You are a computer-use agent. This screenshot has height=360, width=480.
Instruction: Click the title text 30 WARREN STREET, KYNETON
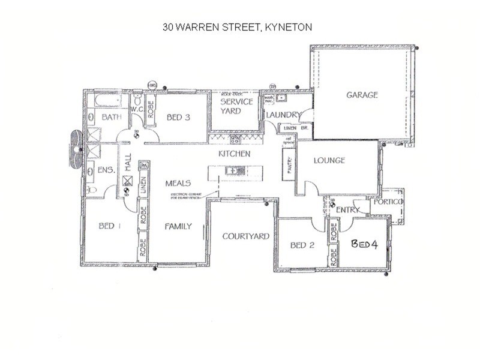pyautogui.click(x=238, y=27)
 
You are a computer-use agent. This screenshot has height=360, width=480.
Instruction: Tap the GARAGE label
pyautogui.click(x=362, y=95)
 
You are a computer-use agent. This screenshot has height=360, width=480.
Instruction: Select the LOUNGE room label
pyautogui.click(x=329, y=160)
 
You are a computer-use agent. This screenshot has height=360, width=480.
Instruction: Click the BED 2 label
pyautogui.click(x=302, y=245)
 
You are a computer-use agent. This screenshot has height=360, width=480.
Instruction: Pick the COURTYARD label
pyautogui.click(x=245, y=236)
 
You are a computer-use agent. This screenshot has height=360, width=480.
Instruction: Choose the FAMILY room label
pyautogui.click(x=178, y=226)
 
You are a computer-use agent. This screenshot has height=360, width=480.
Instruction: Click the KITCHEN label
pyautogui.click(x=234, y=154)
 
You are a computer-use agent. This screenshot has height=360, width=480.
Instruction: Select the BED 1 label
pyautogui.click(x=110, y=226)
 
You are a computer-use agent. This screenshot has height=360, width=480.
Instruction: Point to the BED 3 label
pyautogui.click(x=178, y=118)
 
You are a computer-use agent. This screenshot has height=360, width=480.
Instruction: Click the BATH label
pyautogui.click(x=112, y=117)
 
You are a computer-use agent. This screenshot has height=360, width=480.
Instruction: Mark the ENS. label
pyautogui.click(x=106, y=170)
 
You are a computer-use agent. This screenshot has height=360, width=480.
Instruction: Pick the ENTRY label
pyautogui.click(x=347, y=210)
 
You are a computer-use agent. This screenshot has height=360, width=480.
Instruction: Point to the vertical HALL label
pyautogui.click(x=128, y=161)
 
